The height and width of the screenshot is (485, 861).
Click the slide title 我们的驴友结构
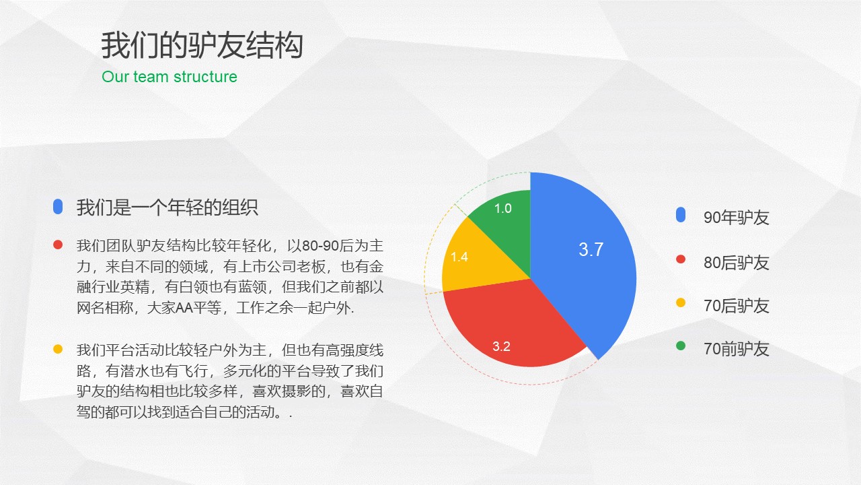(202, 46)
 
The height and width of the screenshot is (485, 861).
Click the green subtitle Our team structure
(170, 77)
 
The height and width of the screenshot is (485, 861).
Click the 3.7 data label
(591, 250)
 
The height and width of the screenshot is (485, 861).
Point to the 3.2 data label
(501, 347)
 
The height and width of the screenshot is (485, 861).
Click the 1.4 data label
(459, 257)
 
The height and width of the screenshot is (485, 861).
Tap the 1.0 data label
(502, 209)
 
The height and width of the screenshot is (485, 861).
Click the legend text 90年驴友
(736, 218)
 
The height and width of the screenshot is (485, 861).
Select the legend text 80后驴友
(736, 263)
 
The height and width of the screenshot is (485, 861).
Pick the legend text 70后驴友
(736, 306)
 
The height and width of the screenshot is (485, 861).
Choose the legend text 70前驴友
(736, 349)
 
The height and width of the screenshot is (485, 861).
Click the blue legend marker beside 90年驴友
(681, 216)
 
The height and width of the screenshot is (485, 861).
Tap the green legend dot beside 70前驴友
(681, 346)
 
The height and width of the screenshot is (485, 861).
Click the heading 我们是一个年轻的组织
(167, 207)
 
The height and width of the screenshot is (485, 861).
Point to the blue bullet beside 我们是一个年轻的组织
(58, 207)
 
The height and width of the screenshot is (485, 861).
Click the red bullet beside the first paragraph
(58, 245)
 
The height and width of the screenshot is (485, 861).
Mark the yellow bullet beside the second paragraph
(58, 349)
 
